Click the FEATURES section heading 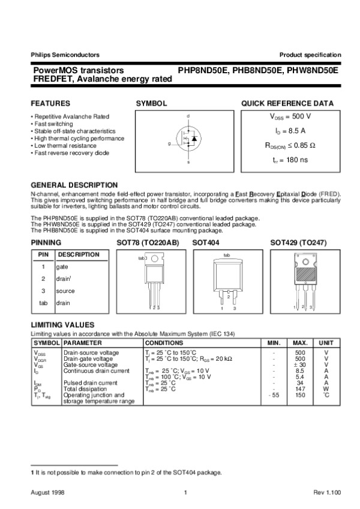(x=50, y=103)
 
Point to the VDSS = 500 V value (x=290, y=116)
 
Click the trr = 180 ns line (x=290, y=160)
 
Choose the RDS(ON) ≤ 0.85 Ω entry (x=290, y=145)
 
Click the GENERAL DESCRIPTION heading (x=74, y=185)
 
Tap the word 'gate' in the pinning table (x=62, y=267)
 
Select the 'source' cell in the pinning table (x=65, y=291)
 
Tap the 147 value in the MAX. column (x=301, y=389)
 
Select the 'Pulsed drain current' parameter (x=89, y=383)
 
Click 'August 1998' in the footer (x=47, y=492)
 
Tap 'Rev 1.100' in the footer (x=327, y=492)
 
